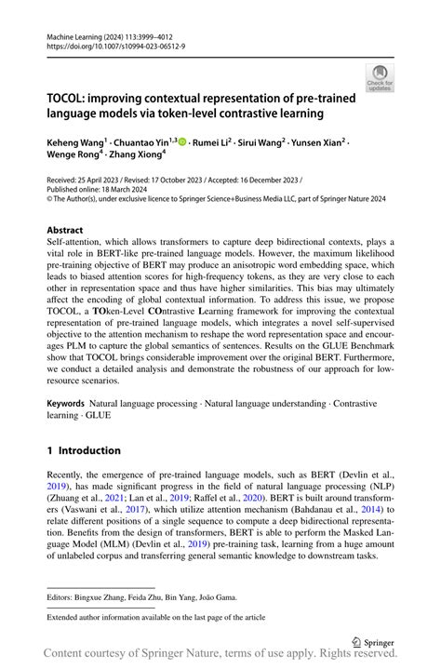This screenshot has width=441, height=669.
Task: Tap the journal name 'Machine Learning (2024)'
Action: click(87, 33)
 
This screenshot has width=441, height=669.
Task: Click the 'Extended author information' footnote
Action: click(149, 615)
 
